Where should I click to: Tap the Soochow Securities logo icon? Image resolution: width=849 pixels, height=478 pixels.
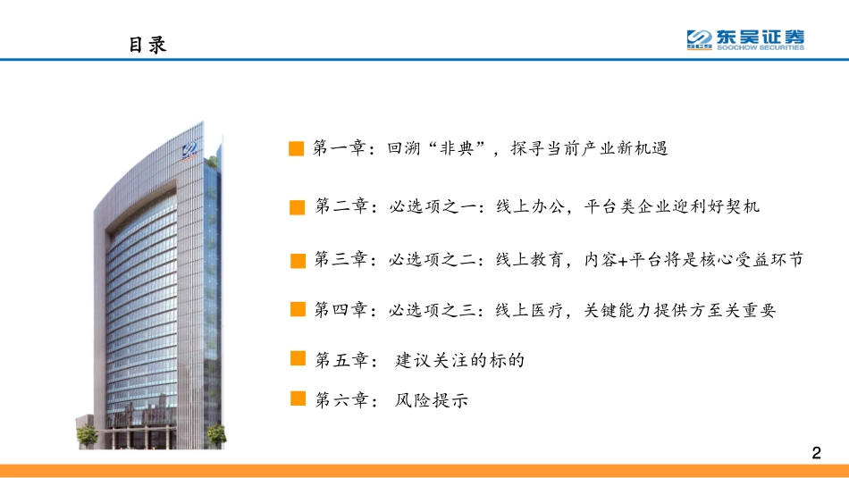(699, 39)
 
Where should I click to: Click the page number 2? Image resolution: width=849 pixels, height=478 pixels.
(815, 453)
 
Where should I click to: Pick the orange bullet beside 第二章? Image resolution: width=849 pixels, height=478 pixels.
(298, 207)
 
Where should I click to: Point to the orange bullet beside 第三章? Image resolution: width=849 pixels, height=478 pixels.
(298, 259)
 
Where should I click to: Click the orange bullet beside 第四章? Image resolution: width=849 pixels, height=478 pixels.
(298, 310)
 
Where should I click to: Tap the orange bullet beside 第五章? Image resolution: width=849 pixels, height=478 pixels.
(298, 360)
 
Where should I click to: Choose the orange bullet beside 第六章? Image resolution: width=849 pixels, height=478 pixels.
(298, 400)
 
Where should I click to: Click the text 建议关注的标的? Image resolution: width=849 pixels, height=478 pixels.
(459, 361)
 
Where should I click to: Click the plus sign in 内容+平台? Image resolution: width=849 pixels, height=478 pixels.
(624, 260)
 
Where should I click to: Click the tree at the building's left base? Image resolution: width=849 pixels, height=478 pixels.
(87, 435)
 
